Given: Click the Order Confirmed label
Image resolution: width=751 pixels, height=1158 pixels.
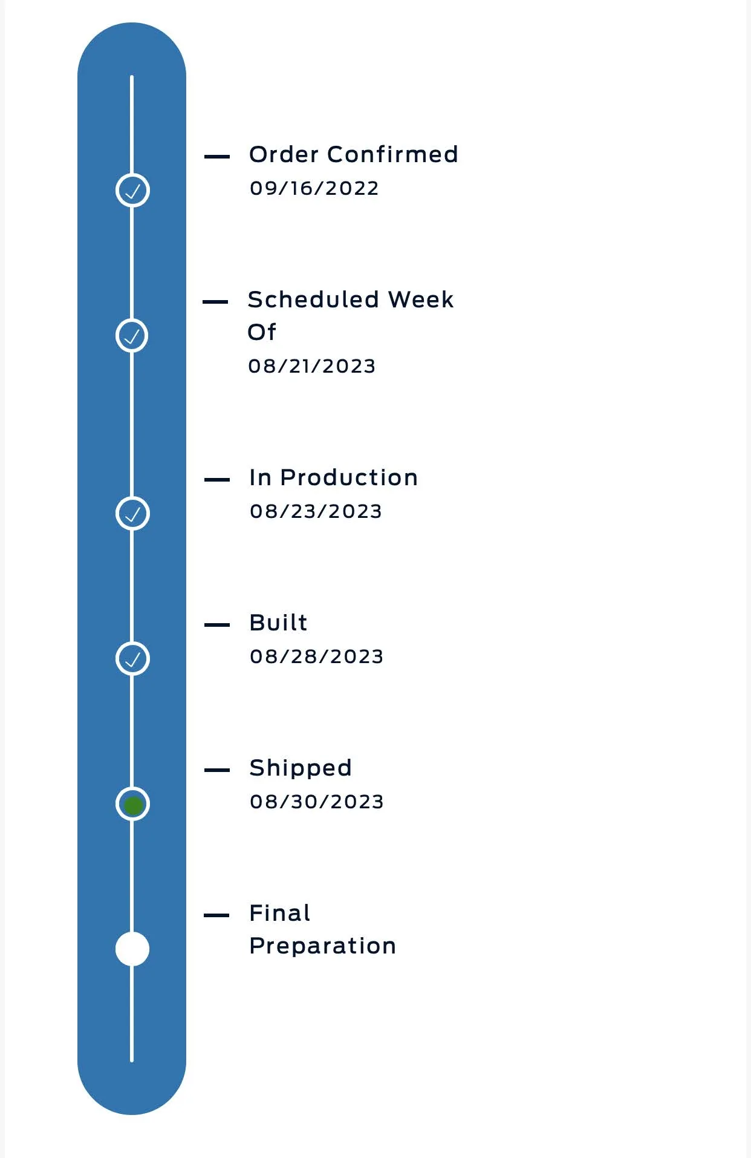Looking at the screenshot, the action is click(354, 154).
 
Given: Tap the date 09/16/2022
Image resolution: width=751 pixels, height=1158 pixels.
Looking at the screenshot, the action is click(314, 188).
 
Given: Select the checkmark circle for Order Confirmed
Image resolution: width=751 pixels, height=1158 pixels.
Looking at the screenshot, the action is click(132, 191).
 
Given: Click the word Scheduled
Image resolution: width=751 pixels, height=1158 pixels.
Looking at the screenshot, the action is click(314, 299).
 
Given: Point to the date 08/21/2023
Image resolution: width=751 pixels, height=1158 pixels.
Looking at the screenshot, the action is click(312, 366).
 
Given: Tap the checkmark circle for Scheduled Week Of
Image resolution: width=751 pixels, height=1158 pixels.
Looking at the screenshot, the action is click(132, 335).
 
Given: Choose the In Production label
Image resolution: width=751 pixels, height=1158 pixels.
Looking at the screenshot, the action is click(334, 477).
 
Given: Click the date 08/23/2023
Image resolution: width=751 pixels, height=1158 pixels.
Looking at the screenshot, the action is click(316, 511).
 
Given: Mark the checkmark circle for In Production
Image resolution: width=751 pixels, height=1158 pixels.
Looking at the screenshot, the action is click(132, 514).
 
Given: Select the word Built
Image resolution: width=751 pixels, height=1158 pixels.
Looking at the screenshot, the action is click(279, 623).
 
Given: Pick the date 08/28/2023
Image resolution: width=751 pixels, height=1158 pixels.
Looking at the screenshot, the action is click(317, 656).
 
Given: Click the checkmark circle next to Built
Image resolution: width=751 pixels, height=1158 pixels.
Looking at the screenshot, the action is click(132, 658).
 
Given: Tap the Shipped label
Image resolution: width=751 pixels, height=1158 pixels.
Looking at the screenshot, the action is click(301, 768).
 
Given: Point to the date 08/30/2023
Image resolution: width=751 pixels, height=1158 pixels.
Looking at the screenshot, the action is click(317, 802).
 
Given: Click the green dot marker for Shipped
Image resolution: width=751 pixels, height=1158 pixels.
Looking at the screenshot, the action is click(132, 805).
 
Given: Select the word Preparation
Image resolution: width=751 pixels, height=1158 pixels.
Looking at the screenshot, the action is click(323, 946).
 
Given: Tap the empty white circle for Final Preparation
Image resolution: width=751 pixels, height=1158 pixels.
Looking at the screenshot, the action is click(132, 949).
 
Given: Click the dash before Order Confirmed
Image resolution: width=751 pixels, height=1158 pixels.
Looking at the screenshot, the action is click(217, 157).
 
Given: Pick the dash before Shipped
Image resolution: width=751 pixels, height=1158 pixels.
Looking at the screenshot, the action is click(217, 770).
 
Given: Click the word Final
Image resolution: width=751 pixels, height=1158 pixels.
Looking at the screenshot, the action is click(280, 913).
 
